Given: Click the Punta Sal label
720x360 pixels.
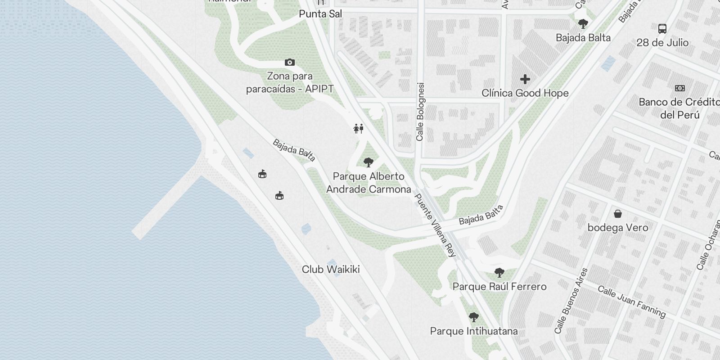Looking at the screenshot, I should click(320, 14).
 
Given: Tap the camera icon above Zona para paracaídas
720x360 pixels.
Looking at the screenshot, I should click(290, 62).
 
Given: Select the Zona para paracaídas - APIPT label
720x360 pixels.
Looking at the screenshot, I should click(290, 82).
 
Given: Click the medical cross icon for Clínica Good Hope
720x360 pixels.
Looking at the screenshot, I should click(525, 80).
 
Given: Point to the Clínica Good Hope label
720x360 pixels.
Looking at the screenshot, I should click(525, 93).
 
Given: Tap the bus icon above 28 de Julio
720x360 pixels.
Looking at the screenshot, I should click(662, 29).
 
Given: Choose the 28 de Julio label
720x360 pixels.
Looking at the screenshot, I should click(662, 43).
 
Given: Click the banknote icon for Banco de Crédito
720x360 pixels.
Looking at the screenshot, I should click(679, 88).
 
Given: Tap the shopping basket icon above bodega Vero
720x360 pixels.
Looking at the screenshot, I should click(618, 213).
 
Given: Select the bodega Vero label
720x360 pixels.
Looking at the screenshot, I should click(618, 228).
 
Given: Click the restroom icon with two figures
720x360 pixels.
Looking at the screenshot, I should click(358, 129).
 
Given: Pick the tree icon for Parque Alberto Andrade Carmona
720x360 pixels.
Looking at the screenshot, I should click(368, 162).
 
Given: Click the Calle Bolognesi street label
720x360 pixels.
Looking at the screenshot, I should click(420, 112).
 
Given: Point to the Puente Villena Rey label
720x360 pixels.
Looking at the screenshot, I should click(435, 225).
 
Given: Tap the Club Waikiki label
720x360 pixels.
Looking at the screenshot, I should click(331, 270).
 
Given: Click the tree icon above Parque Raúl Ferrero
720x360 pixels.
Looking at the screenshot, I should click(499, 272).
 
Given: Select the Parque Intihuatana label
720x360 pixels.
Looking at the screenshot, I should click(474, 332).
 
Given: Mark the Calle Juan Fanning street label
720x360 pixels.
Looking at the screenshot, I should click(631, 301).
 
